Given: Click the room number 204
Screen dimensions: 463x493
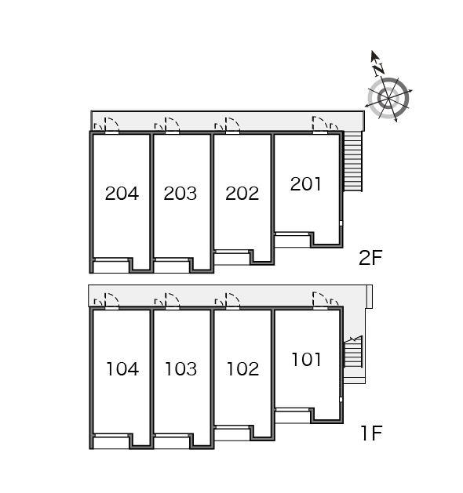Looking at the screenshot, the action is coord(122,194).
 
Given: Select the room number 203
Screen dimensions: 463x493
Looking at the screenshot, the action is coord(180,194).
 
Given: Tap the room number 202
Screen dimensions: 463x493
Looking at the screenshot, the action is coord(242,194).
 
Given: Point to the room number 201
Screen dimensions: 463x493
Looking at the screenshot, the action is coord(306,184).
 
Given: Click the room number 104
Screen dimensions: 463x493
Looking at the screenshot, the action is coord(122,369).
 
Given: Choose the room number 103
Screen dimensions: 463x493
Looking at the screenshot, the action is coord(181,369).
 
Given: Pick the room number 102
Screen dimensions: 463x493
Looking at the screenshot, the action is coord(242,369).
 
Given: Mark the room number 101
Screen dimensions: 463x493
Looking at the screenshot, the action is coord(307,360).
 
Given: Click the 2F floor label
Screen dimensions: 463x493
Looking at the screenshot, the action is coord(370,258).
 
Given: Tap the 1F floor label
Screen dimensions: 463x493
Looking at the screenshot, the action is coord(371,433).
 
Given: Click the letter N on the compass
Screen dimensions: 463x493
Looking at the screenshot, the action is coord(379,70).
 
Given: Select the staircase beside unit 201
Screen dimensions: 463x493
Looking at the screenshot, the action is coord(352,161).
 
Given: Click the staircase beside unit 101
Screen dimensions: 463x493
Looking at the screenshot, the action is coord(353,351).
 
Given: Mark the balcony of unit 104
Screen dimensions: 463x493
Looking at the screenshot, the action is coord(111,443).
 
